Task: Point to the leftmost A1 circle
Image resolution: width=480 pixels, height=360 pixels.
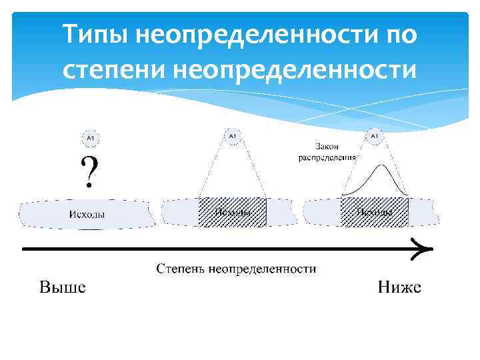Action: (x=90, y=138)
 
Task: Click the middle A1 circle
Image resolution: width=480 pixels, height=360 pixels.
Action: (x=232, y=136)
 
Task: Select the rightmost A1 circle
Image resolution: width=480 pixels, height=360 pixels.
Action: (x=374, y=136)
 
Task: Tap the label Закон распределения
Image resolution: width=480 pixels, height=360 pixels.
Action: (x=327, y=151)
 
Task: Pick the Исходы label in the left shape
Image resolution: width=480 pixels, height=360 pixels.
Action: (x=87, y=213)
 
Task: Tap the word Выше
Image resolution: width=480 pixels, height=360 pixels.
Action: (x=62, y=288)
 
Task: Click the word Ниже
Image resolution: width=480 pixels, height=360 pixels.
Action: (x=399, y=288)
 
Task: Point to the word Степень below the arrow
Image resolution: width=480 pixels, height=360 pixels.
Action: (x=180, y=269)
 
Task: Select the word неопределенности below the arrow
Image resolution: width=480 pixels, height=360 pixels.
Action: (x=262, y=269)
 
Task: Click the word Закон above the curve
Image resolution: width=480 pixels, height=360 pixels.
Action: (x=327, y=145)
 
